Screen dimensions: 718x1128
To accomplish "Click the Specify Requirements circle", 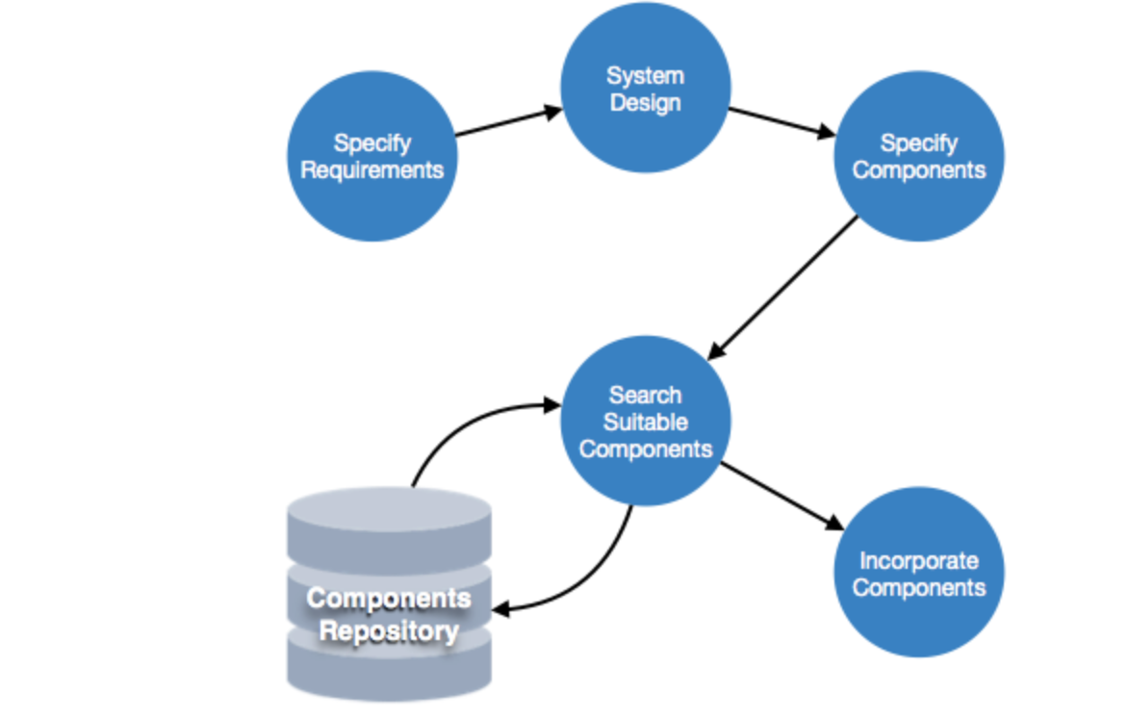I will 372,156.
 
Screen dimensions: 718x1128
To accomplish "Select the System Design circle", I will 645,89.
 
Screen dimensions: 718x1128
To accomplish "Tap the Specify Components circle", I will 918,156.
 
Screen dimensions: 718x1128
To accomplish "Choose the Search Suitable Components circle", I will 645,421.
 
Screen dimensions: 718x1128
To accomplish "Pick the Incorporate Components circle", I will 918,573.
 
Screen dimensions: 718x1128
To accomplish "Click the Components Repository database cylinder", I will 389,597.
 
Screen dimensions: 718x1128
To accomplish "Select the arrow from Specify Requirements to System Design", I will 507,122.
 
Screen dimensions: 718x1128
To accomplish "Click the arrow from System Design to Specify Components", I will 781,122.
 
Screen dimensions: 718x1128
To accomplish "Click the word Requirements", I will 372,170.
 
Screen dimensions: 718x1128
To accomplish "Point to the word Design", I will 645,103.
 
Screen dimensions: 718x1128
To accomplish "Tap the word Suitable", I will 645,422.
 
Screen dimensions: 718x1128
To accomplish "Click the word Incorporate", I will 918,560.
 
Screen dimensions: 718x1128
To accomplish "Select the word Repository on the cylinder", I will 389,632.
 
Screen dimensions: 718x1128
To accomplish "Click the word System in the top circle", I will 645,75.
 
